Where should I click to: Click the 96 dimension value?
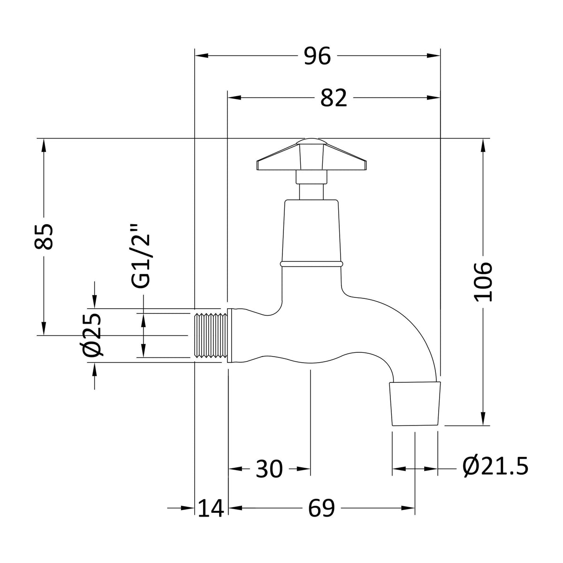pos(317,56)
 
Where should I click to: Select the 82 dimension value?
pos(334,98)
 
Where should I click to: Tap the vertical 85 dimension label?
pos(44,236)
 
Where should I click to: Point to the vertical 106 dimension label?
pos(483,282)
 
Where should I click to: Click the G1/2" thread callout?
pos(141,256)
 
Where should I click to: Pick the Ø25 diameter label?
pos(92,335)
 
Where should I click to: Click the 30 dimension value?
pos(269,469)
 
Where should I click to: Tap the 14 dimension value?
pos(211,509)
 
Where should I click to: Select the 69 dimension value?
pos(321,509)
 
